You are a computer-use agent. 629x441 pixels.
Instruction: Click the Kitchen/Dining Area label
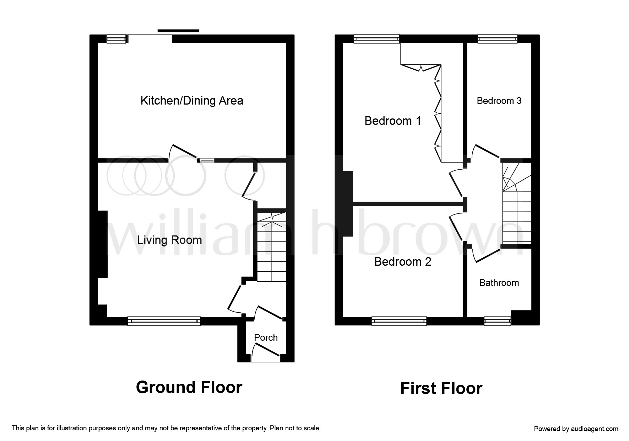click(192, 101)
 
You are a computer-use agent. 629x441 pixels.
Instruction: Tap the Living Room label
click(169, 240)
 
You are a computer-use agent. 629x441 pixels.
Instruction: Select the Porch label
click(266, 338)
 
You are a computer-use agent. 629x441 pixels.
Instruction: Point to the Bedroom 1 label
click(393, 121)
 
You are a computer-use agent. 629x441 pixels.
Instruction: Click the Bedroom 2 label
click(403, 262)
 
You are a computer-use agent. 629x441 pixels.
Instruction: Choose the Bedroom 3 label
click(499, 101)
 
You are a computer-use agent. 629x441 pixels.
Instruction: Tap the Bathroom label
click(499, 283)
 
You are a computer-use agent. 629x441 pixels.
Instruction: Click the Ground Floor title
click(189, 387)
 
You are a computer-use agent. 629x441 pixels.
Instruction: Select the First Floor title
click(441, 388)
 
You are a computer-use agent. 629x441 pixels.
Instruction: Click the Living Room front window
click(164, 321)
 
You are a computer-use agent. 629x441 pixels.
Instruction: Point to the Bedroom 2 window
click(399, 321)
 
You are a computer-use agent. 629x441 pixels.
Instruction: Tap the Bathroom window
click(498, 321)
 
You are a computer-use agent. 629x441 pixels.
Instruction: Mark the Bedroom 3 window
click(497, 39)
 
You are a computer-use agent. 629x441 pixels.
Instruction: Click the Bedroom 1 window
click(376, 39)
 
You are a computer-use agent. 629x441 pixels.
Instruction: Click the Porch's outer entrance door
click(266, 350)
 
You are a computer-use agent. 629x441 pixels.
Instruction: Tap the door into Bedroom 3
click(486, 152)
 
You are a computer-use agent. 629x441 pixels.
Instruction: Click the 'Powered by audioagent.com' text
click(576, 429)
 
